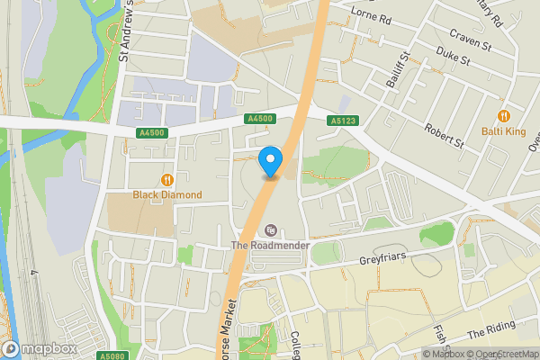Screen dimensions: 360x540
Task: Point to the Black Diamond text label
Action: tap(166, 194)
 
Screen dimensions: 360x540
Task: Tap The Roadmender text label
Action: tap(270, 246)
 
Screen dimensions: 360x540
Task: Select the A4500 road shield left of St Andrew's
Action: tap(153, 132)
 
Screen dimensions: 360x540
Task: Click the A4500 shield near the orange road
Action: tap(259, 118)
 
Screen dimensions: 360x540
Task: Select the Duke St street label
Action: tap(453, 60)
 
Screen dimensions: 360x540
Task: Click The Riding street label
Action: tap(491, 329)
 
